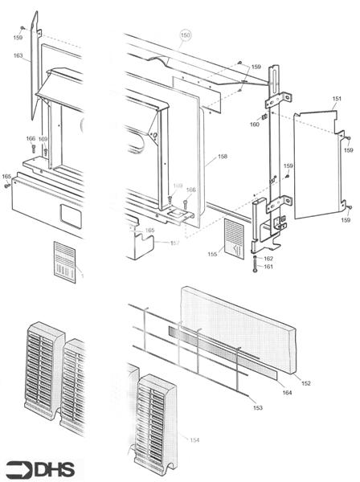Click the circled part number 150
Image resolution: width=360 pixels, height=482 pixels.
pyautogui.click(x=186, y=35)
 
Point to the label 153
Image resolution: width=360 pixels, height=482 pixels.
pyautogui.click(x=257, y=409)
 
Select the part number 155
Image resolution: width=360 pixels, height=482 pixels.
pyautogui.click(x=212, y=254)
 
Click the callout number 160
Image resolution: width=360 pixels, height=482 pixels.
pyautogui.click(x=255, y=125)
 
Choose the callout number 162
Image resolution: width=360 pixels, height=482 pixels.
pyautogui.click(x=268, y=259)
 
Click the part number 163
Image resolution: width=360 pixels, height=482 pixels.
pyautogui.click(x=18, y=56)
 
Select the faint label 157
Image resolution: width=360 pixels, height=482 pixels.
pyautogui.click(x=174, y=243)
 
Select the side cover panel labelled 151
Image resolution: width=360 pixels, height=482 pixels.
pyautogui.click(x=317, y=165)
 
